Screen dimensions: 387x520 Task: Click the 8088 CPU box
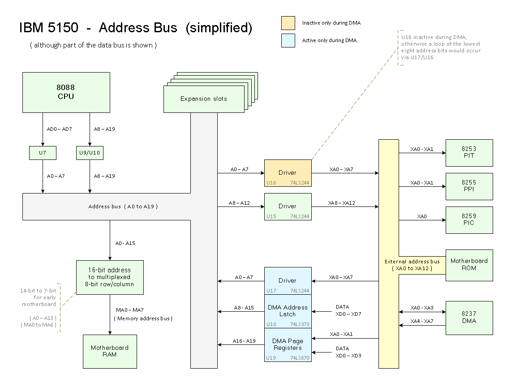(x=66, y=92)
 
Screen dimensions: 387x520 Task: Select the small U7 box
(x=43, y=153)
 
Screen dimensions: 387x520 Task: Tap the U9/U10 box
(x=90, y=153)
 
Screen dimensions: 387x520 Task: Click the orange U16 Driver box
(x=288, y=173)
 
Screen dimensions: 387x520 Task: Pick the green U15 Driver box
(x=288, y=206)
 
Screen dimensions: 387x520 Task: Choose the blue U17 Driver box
(x=288, y=281)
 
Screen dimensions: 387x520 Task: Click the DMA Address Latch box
(x=288, y=311)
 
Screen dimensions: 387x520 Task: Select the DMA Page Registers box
(x=288, y=344)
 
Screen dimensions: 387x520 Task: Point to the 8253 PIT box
(x=469, y=153)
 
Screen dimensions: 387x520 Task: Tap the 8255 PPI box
(x=469, y=186)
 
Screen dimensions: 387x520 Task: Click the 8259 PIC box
(x=469, y=220)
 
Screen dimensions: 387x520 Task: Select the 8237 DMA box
(x=469, y=318)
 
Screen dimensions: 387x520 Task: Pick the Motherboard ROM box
(x=469, y=265)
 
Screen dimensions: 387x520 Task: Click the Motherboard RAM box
(x=110, y=351)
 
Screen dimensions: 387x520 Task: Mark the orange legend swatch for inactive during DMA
(x=288, y=23)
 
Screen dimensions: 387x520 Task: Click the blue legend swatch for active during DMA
(x=288, y=40)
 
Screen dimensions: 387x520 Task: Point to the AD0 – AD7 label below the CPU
(x=60, y=129)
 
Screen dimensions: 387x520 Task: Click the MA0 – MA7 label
(x=130, y=310)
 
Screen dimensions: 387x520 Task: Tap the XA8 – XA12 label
(x=342, y=203)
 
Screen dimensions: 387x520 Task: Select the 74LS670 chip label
(x=300, y=358)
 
